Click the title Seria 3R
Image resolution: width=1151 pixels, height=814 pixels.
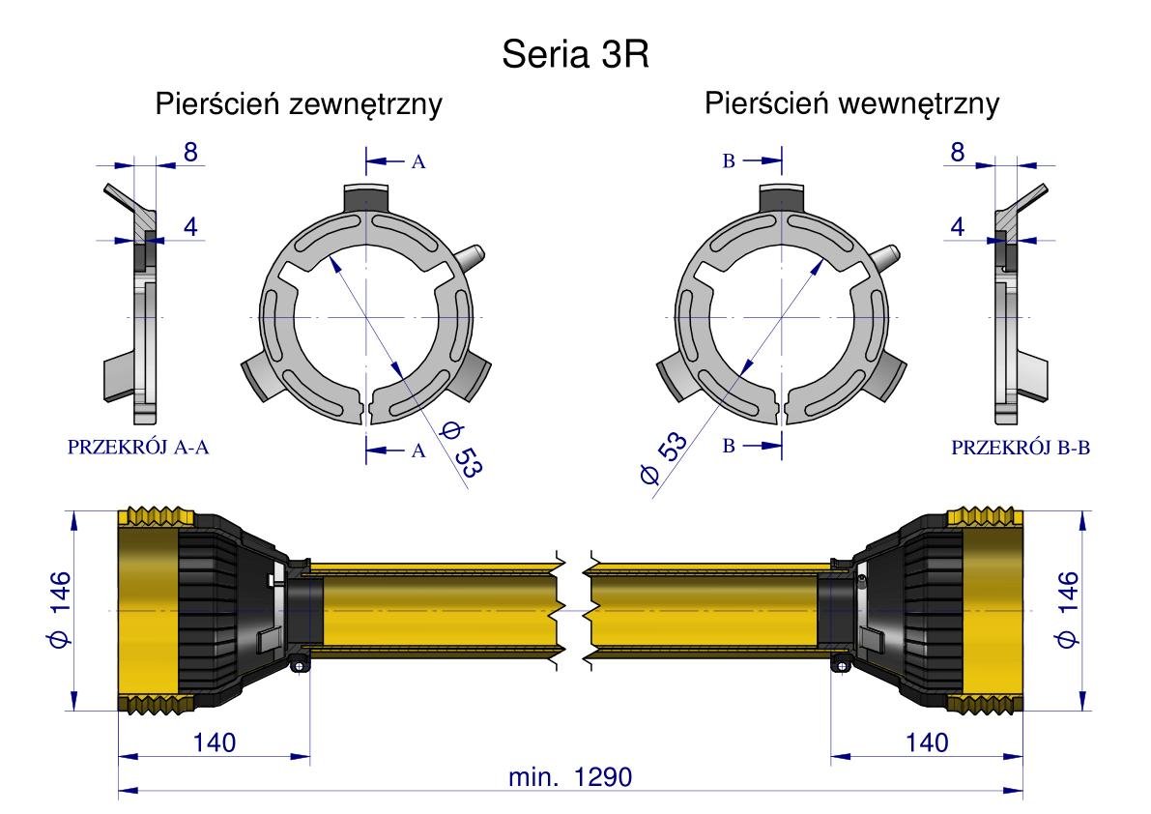point(576,54)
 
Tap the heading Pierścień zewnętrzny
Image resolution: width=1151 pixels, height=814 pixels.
point(299,103)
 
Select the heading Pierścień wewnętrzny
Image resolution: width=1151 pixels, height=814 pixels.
point(851,103)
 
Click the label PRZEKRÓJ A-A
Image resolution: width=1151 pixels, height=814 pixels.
point(138,447)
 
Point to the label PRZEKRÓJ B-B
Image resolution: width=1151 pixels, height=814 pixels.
point(1021,447)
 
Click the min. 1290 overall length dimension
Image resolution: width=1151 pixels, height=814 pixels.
point(570,776)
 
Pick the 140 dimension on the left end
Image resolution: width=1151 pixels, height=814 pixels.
point(215,742)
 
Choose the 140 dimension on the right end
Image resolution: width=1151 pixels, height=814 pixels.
point(927,742)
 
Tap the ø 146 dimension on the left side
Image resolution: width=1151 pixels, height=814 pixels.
point(59,609)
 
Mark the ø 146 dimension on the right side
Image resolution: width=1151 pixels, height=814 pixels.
point(1067,609)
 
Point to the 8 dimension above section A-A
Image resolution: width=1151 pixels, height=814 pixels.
point(190,152)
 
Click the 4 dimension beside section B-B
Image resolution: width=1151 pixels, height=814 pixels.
point(957,227)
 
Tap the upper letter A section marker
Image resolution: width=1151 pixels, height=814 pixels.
point(418,161)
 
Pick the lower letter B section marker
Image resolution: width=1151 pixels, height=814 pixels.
point(729,446)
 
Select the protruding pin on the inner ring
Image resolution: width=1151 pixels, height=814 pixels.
point(884,256)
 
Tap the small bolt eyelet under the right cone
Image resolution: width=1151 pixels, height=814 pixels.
point(841,665)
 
